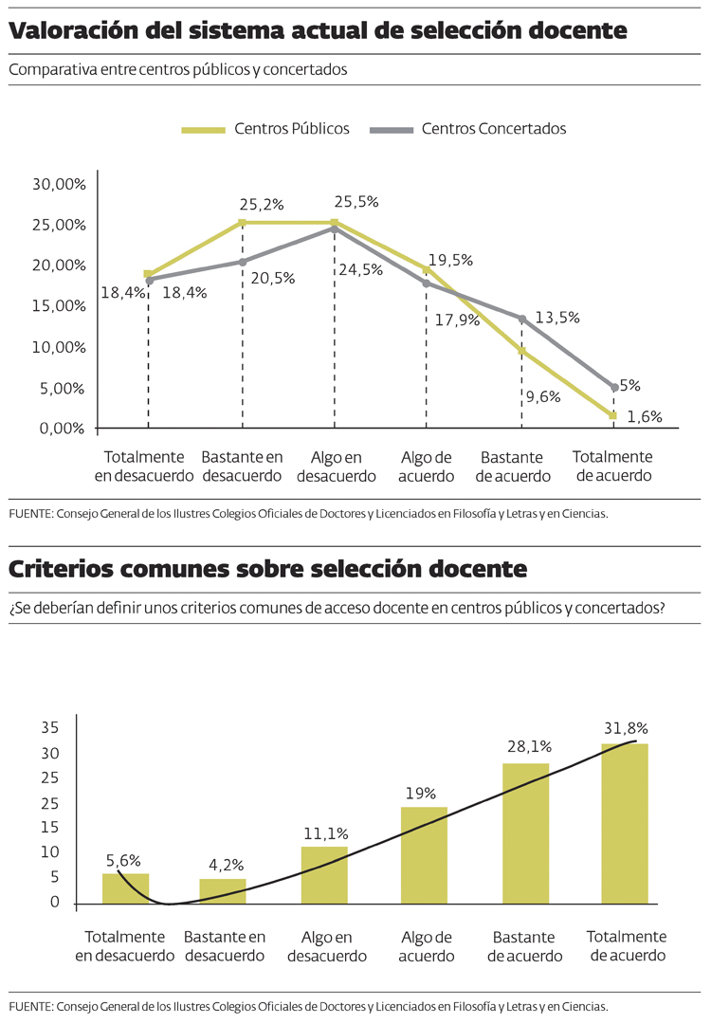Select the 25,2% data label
pos(262,204)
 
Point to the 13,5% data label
pos(556,318)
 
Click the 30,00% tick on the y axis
pos(59,184)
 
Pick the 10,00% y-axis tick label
pos(59,347)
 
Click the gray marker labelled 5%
pos(615,387)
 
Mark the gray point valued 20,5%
pos(242,262)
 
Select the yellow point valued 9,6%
pos(521,351)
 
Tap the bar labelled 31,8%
pos(625,823)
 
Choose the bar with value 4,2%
pos(223,891)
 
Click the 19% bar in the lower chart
pos(424,854)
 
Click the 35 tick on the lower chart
pos(50,728)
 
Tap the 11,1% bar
pos(324,874)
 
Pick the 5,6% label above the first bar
pos(123,861)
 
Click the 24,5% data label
pos(360,269)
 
